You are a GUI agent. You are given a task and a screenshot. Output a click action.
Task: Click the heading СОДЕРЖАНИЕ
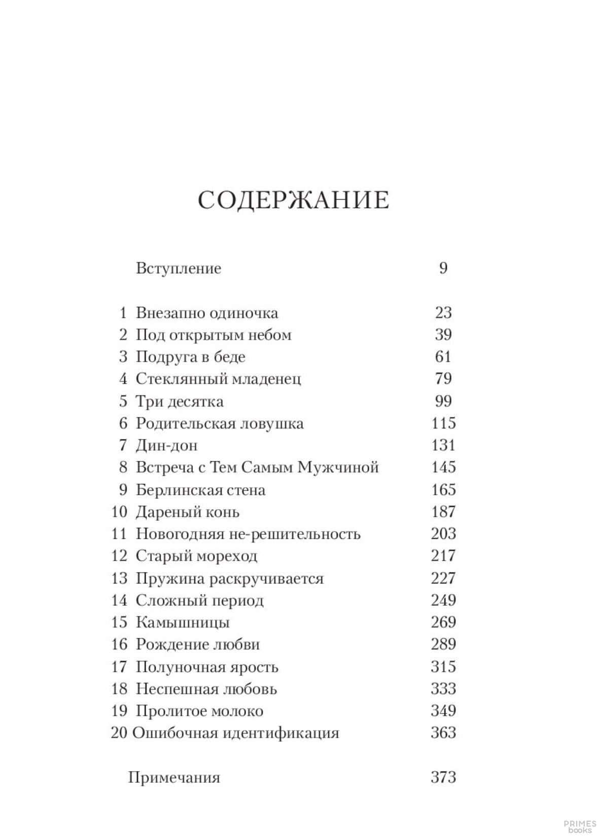293,200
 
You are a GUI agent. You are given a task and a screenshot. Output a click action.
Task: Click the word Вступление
179,268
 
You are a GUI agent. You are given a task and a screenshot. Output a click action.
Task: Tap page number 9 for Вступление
443,268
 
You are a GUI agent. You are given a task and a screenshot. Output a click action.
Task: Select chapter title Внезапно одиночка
207,313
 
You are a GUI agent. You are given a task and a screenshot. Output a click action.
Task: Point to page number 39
443,335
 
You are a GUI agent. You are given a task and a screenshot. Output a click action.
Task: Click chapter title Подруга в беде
190,357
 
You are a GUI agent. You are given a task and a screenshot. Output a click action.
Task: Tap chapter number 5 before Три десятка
123,402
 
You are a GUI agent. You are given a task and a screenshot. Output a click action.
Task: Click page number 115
443,423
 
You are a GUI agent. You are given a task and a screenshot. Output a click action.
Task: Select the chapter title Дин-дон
166,446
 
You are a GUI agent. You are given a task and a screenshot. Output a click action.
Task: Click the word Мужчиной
338,467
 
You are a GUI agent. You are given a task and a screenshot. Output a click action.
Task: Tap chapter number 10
119,512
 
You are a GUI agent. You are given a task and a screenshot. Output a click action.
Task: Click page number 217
443,556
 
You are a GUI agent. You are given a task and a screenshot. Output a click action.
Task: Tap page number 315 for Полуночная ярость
443,667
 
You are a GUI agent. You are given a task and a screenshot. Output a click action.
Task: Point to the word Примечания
174,777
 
